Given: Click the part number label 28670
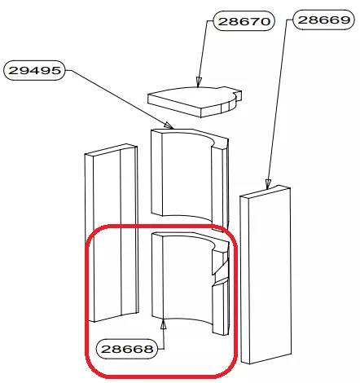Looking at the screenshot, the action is coord(244,21).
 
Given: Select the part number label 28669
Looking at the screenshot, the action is coord(324,20).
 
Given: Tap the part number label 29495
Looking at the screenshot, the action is coord(34,70).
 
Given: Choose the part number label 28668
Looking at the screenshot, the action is coord(127,349).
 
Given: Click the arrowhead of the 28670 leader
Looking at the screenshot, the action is coord(199,82).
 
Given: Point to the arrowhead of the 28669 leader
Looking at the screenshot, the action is coord(268,184).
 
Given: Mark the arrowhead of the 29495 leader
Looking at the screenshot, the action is coord(169,125).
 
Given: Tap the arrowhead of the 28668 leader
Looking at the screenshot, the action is coord(163,324).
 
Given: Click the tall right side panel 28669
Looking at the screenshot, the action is coord(266,275).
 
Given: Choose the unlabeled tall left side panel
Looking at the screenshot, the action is coord(112,233).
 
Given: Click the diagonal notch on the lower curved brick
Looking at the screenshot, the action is coord(221,267).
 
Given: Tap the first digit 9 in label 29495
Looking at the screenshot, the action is coord(24,70).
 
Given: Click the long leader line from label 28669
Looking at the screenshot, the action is coord(278,101).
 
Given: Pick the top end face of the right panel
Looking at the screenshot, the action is coord(266,193).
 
